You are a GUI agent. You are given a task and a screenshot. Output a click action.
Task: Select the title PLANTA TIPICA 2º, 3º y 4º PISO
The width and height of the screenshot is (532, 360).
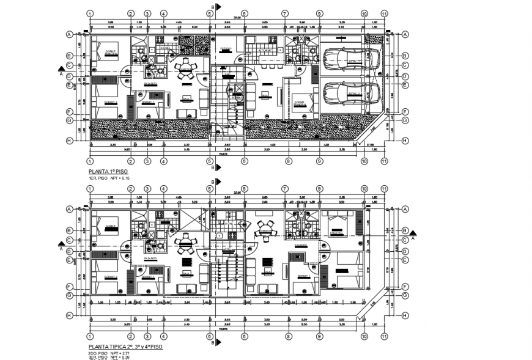pyautogui.click(x=125, y=347)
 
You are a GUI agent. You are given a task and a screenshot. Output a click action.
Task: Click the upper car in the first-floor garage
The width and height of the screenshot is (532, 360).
pyautogui.click(x=348, y=59)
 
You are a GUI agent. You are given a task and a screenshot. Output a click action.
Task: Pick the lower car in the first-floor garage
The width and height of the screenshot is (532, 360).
pyautogui.click(x=348, y=94)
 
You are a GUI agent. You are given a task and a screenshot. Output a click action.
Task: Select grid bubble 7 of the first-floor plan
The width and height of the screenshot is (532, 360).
pyautogui.click(x=284, y=13)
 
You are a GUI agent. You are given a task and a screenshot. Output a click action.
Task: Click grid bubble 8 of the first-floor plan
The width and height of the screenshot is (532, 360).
pyautogui.click(x=287, y=161)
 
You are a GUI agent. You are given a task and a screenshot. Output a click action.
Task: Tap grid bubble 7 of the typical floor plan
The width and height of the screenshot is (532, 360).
pyautogui.click(x=284, y=188)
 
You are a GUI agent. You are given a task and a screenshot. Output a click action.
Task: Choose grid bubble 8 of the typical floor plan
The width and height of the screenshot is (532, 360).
pyautogui.click(x=287, y=336)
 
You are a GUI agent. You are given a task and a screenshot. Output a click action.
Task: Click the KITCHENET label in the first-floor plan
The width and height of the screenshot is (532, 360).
pyautogui.click(x=269, y=51)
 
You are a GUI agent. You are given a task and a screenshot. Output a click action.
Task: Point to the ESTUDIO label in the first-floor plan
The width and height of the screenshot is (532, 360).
pyautogui.click(x=226, y=48)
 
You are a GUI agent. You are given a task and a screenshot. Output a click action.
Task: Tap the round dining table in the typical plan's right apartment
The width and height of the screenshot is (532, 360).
pyautogui.click(x=266, y=230)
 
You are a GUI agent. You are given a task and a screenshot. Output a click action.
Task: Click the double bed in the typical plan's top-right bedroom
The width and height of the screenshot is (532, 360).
pyautogui.click(x=339, y=226)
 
